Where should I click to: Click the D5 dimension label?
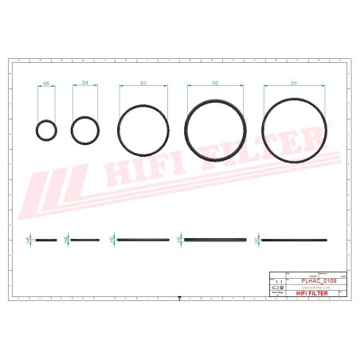coord(46,83)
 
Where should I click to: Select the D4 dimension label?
coord(85,83)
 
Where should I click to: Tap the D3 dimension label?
coord(143,83)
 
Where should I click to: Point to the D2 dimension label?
coord(215,83)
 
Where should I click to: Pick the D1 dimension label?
coord(293,83)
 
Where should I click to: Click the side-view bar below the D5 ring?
coord(46,239)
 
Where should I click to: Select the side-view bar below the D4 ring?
coord(85,239)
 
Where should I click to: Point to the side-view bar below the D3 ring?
coord(143,239)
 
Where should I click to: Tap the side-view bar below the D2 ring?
coord(215,239)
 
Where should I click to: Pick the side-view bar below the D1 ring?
coord(293,239)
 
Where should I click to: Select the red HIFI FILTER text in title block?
coord(311,292)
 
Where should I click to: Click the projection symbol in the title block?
coord(277,288)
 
